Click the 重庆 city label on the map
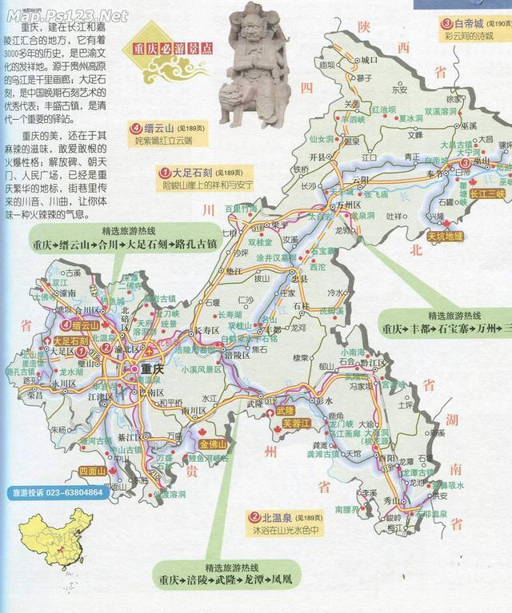click(x=151, y=369)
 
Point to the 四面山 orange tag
click(x=93, y=471)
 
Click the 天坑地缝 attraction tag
click(x=450, y=237)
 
